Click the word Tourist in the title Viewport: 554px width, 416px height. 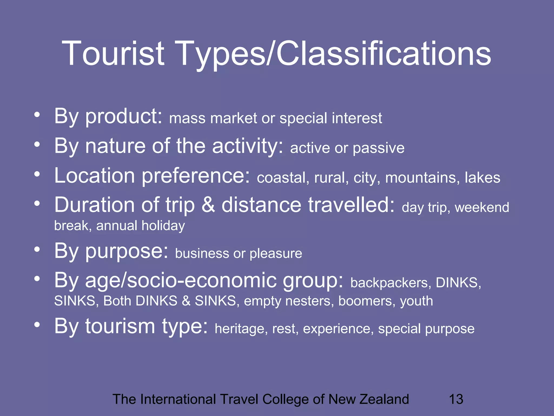113,53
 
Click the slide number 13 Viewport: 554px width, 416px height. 456,399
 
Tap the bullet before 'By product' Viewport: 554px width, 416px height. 37,115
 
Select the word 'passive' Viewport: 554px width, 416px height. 378,148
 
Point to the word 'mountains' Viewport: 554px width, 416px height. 422,178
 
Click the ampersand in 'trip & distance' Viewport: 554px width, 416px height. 208,205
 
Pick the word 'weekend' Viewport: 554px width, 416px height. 482,207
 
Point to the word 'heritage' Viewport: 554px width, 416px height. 241,329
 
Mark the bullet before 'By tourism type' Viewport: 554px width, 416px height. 37,325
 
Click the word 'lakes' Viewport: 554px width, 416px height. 482,178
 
